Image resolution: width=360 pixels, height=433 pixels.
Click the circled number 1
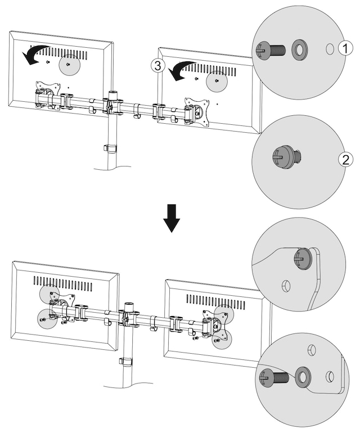click(x=344, y=49)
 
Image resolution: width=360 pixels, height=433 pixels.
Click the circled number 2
click(x=343, y=159)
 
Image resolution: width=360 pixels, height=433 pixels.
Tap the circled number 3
click(x=158, y=66)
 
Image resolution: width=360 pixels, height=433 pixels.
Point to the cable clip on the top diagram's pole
click(x=109, y=148)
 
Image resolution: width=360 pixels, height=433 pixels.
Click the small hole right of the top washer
click(x=330, y=49)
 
